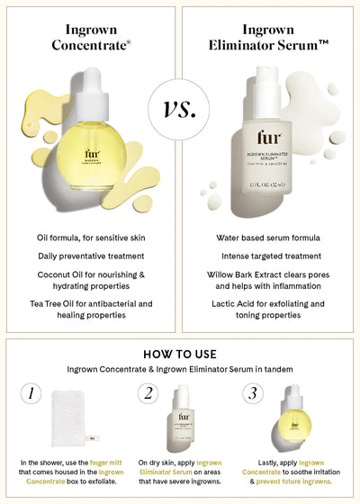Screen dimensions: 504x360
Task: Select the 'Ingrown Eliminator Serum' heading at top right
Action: (269, 36)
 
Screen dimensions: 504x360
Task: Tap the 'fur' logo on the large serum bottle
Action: (268, 141)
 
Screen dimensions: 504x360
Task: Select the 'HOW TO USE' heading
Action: (180, 353)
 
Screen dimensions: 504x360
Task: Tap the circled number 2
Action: (147, 392)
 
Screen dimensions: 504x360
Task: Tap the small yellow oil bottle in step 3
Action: (294, 419)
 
